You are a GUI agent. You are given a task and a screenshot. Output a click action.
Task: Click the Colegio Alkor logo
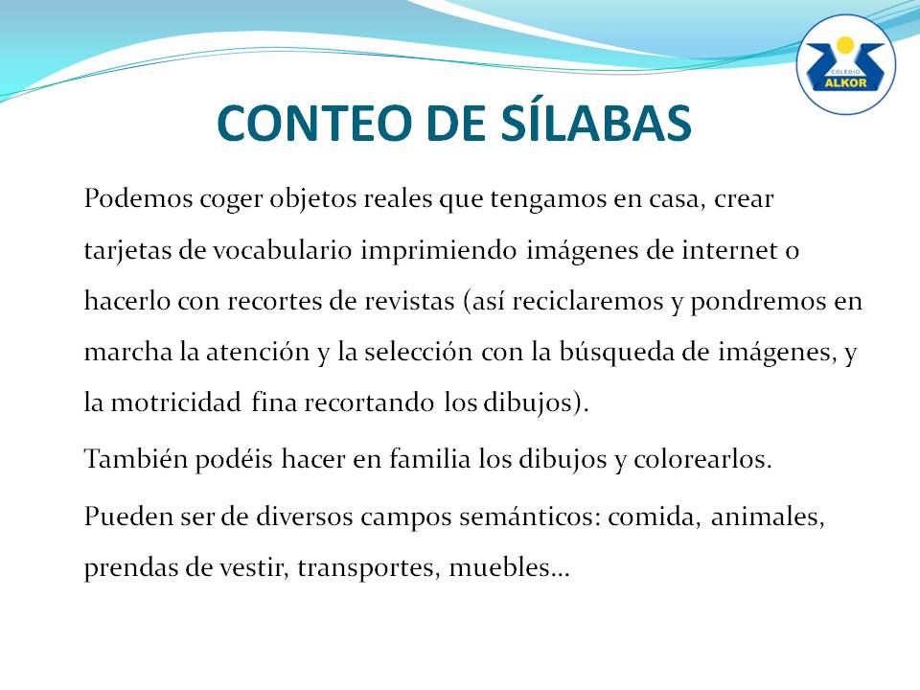(x=845, y=64)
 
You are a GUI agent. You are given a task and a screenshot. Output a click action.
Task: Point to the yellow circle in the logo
(x=845, y=45)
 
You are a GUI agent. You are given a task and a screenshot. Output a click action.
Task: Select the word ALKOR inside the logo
(x=845, y=82)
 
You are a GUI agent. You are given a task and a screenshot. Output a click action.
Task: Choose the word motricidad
(x=176, y=402)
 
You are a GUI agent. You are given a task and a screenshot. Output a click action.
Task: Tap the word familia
(x=430, y=458)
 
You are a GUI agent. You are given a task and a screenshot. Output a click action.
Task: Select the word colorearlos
(x=702, y=459)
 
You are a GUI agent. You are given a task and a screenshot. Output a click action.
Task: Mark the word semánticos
(x=530, y=517)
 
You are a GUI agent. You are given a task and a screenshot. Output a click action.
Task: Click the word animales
(x=768, y=517)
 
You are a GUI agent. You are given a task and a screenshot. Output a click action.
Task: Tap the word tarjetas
(x=127, y=251)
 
